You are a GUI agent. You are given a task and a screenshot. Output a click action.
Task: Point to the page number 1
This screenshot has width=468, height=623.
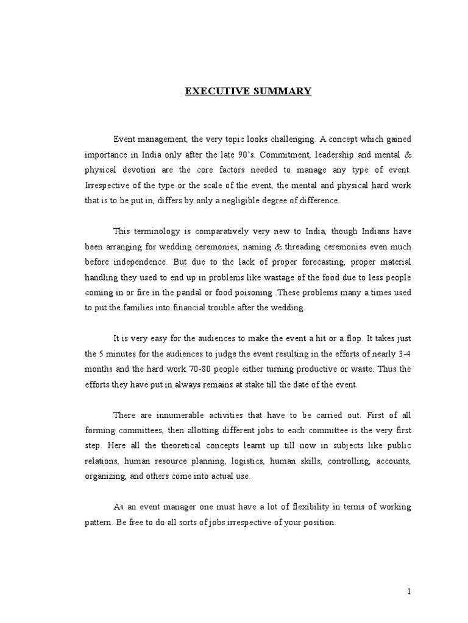(x=410, y=591)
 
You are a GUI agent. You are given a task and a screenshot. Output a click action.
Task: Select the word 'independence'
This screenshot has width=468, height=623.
(x=140, y=262)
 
